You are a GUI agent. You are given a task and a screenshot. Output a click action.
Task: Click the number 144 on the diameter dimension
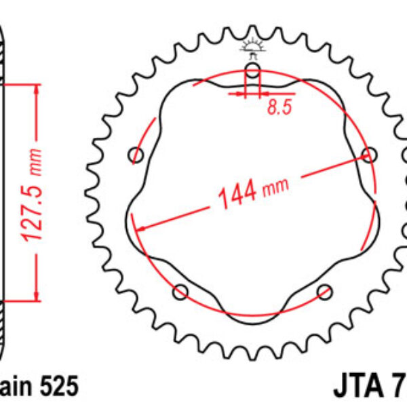tap(237, 194)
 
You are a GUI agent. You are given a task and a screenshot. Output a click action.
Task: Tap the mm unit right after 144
tap(275, 184)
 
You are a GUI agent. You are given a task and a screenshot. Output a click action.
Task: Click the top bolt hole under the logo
tap(252, 71)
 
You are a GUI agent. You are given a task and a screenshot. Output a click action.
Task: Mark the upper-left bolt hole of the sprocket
tap(137, 155)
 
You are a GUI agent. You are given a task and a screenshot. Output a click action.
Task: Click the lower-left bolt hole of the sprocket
tap(180, 292)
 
